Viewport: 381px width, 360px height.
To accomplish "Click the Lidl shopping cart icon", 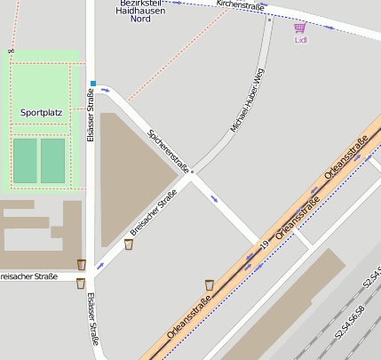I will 299,28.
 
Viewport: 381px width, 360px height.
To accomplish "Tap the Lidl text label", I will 300,40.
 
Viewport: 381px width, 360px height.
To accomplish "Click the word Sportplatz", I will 41,113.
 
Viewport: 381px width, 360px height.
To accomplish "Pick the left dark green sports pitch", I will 25,160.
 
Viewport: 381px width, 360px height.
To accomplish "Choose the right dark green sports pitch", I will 53,160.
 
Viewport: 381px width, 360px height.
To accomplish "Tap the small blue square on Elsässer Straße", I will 92,84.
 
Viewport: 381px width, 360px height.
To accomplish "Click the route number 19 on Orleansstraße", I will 264,244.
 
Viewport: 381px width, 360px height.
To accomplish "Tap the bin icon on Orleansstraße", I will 210,284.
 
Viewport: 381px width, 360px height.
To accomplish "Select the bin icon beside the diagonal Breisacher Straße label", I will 129,244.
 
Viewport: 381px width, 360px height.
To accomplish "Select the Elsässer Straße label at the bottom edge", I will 92,320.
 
